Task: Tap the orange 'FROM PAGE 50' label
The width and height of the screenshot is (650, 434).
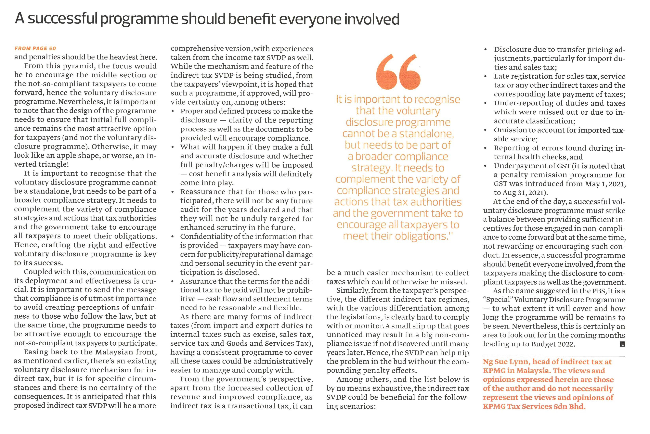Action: click(35, 49)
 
